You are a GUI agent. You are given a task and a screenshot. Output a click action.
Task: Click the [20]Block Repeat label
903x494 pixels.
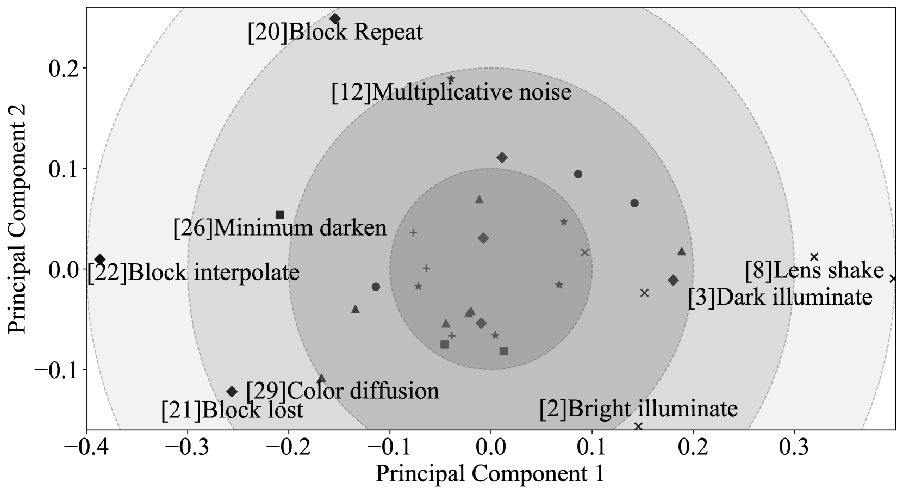pos(335,33)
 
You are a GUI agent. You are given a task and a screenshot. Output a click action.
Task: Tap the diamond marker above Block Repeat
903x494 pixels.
pos(335,19)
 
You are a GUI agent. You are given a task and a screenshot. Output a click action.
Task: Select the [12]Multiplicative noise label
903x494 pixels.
pos(451,92)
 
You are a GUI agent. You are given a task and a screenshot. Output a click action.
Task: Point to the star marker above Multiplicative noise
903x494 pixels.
pos(451,79)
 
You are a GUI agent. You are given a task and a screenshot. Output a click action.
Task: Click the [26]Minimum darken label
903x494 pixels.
pos(279,228)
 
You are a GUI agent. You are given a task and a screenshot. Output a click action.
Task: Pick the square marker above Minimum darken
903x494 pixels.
pos(280,215)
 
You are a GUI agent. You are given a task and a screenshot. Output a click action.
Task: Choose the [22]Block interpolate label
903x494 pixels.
pos(194,273)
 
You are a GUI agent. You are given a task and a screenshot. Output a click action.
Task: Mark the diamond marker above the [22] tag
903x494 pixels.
pos(100,259)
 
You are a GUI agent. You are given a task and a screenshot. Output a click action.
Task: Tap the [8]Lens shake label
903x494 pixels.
pos(814,270)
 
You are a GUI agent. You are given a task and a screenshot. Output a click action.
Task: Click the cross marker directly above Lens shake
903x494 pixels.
pos(814,257)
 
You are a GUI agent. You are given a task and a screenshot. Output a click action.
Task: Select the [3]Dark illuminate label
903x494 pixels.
pos(780,298)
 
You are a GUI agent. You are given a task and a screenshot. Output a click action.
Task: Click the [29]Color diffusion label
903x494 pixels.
pos(342,391)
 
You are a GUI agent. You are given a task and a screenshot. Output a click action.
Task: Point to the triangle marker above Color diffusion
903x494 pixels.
pos(321,378)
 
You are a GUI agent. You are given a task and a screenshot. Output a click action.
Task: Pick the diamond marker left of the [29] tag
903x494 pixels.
pos(232,392)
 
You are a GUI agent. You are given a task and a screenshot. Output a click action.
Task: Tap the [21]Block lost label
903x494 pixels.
pos(232,410)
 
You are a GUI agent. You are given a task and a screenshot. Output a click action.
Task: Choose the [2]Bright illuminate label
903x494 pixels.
pos(638,409)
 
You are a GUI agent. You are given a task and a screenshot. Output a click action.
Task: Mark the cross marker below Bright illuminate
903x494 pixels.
pos(638,426)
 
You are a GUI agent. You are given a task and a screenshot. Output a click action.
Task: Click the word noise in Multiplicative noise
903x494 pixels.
pos(545,92)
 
